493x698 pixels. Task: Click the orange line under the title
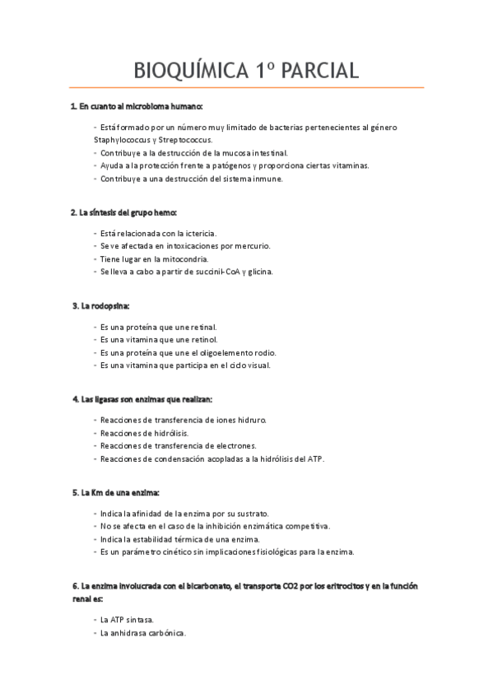click(246, 87)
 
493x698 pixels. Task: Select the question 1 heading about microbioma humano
click(136, 107)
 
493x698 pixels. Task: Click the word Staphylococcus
click(124, 140)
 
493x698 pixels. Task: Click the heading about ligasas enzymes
click(142, 399)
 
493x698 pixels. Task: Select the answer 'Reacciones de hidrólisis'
click(144, 433)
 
